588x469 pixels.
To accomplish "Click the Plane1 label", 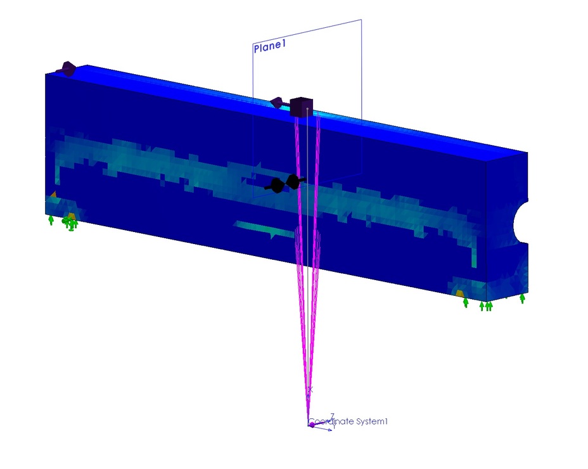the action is pos(270,46).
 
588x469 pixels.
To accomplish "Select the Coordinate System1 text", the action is pos(348,421).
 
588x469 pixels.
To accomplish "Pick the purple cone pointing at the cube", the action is pos(277,102).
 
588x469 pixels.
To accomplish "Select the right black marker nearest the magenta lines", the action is pos(294,182).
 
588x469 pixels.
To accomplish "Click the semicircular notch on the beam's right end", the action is pos(520,222).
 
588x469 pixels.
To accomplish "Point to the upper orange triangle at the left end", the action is pos(53,195).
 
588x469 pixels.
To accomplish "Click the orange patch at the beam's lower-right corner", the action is pos(460,293).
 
